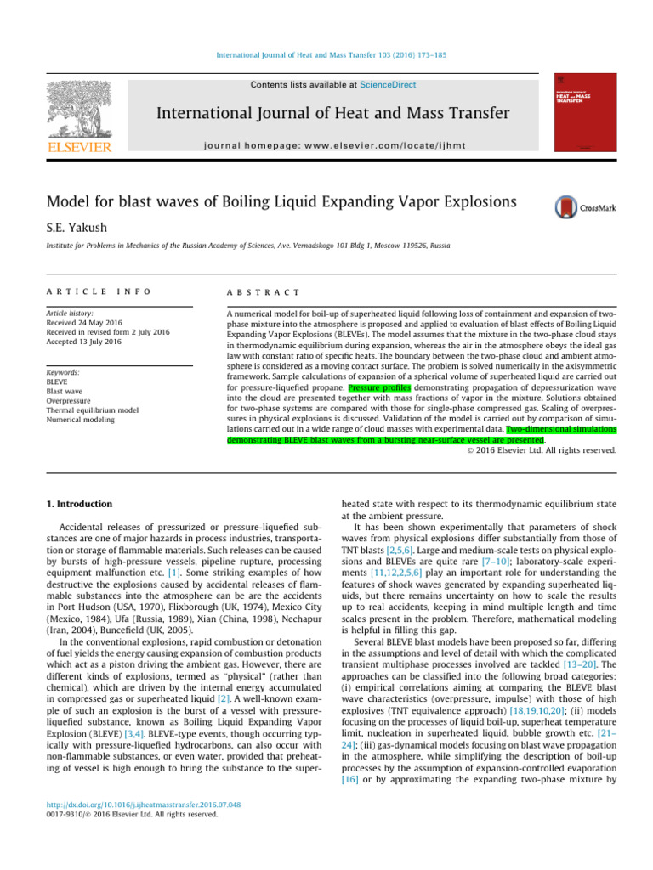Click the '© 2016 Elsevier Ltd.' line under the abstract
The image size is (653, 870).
point(542,450)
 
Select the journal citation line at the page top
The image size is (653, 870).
point(326,54)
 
